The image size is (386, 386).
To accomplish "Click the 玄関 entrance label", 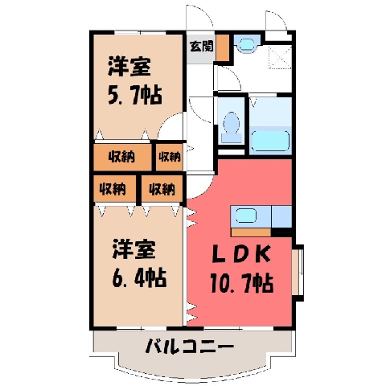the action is click(x=202, y=47).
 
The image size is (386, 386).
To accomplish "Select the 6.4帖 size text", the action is click(x=139, y=278).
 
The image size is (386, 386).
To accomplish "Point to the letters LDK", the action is click(x=241, y=254).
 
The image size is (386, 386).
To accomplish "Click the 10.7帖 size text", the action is click(x=242, y=283).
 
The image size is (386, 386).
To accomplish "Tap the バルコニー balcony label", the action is click(x=190, y=346).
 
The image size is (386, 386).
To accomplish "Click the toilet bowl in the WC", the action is click(x=232, y=126).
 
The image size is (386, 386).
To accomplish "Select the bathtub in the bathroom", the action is click(x=271, y=142).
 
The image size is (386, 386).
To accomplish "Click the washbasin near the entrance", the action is click(x=247, y=44).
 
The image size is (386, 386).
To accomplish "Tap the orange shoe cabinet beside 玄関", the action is click(x=223, y=47).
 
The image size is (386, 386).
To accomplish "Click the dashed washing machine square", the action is click(x=280, y=57).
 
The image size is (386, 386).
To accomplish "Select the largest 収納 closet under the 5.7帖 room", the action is click(x=122, y=157).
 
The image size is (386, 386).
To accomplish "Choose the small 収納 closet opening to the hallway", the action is click(x=170, y=157).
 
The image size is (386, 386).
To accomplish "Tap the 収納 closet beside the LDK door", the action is click(x=162, y=189).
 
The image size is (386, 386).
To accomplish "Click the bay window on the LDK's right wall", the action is click(x=298, y=273).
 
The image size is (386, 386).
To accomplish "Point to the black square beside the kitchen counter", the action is click(x=281, y=232).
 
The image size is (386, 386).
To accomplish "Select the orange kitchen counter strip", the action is click(x=251, y=232).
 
